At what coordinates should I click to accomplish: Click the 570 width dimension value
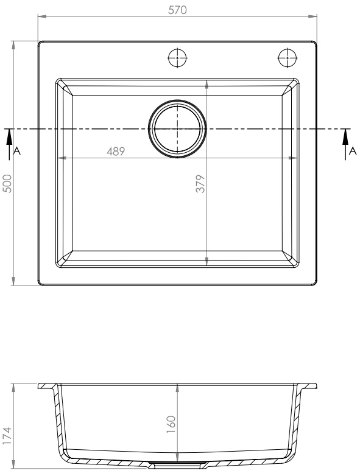coord(177,10)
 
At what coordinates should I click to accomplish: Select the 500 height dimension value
coord(7,183)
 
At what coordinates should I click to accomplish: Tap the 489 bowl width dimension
coord(116,151)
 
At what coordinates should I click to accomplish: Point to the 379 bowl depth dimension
coord(200,183)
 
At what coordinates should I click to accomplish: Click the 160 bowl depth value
coord(171,424)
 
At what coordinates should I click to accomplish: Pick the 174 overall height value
coord(7,436)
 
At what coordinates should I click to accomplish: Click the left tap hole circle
coord(177,57)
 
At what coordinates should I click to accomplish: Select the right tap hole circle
coord(288,57)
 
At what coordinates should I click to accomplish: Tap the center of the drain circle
coord(177,129)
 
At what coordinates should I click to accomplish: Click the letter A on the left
coord(17,151)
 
